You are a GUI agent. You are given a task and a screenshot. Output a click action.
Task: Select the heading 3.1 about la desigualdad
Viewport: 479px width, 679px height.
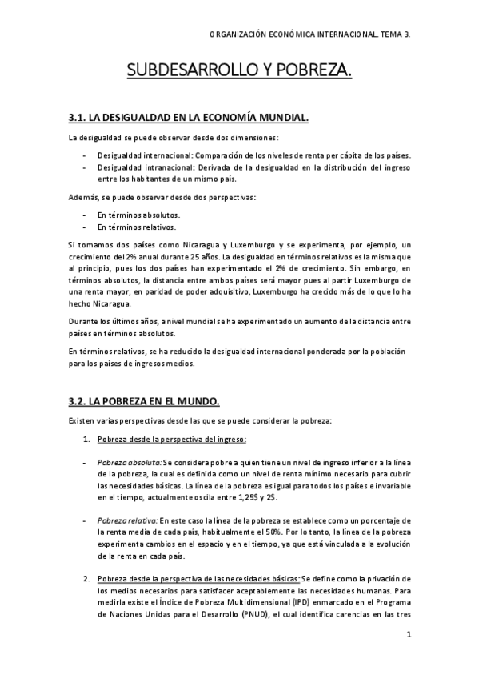(188, 119)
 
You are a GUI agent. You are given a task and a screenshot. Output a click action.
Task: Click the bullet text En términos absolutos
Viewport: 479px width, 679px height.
(138, 215)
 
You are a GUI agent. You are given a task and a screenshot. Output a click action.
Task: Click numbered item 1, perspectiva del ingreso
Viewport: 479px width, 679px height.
(171, 440)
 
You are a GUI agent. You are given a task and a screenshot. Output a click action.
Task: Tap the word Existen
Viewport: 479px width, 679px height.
(82, 420)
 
